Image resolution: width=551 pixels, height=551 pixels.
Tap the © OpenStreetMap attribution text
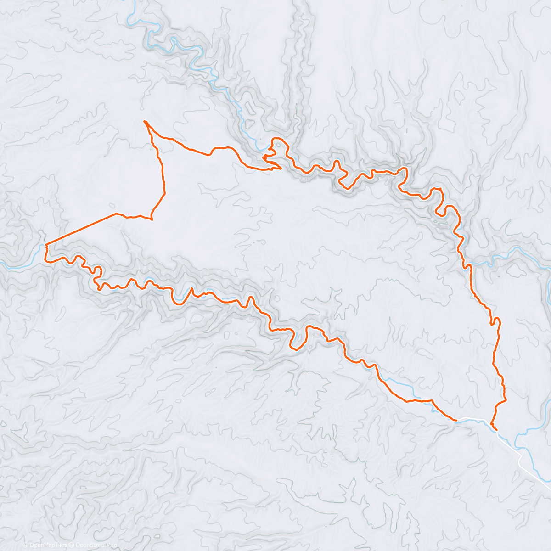(94, 545)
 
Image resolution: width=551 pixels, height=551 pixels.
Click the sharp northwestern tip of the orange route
(145, 121)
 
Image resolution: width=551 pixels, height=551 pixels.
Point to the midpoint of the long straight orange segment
(81, 229)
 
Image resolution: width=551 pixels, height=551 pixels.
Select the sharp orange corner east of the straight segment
(151, 219)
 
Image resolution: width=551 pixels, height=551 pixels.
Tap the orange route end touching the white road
(456, 420)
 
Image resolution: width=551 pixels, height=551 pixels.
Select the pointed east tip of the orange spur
(281, 169)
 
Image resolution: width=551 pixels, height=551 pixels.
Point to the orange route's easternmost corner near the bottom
(506, 400)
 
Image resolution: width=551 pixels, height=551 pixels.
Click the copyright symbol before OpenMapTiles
(25, 545)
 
